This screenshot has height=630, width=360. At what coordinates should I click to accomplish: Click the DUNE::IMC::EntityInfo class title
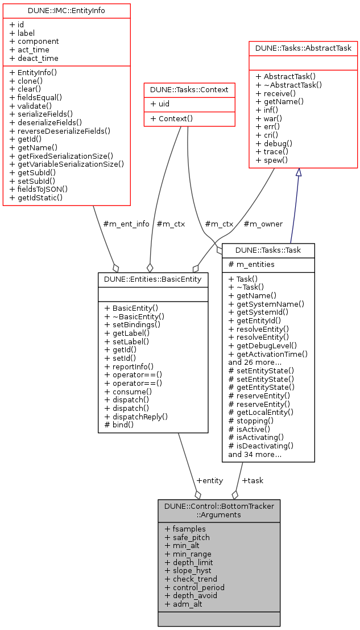click(x=67, y=10)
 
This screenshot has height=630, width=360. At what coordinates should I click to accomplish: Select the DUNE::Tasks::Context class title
click(x=189, y=89)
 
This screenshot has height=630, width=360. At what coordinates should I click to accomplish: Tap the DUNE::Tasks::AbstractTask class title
click(x=303, y=48)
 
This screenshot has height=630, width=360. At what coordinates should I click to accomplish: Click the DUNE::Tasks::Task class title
click(x=268, y=250)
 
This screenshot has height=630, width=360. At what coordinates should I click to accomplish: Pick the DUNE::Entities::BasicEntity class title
click(x=154, y=279)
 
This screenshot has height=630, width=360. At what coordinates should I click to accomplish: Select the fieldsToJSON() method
click(x=39, y=189)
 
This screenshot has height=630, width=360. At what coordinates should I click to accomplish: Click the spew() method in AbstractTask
click(x=271, y=160)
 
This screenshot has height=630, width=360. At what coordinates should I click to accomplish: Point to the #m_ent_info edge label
click(x=126, y=224)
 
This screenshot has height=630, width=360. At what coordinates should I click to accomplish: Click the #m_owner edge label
click(x=263, y=224)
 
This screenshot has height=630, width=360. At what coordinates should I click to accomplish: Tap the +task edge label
click(x=253, y=480)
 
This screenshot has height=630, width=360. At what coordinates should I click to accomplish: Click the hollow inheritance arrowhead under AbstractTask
click(x=299, y=172)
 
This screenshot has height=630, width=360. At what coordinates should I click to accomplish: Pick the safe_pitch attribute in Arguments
click(x=187, y=537)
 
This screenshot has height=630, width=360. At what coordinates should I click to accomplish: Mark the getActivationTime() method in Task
click(x=268, y=353)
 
